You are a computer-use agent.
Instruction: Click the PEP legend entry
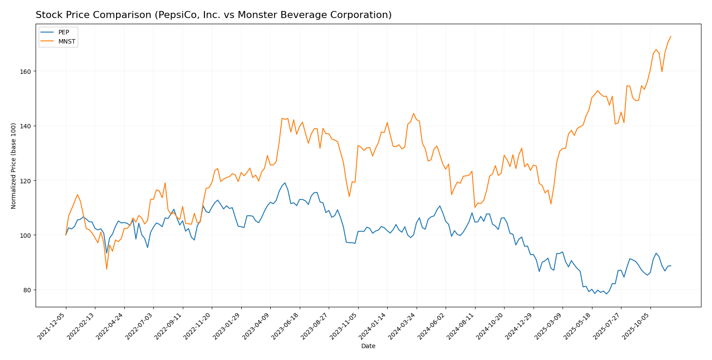click(63, 33)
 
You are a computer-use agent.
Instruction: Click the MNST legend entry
click(66, 42)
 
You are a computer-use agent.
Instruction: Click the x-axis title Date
click(368, 346)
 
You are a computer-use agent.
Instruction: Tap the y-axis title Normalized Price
click(14, 166)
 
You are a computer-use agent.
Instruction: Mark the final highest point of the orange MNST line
click(671, 36)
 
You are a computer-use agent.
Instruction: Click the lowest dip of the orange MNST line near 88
click(106, 269)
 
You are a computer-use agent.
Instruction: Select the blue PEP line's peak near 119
click(285, 183)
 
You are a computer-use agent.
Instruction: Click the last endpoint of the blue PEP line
click(671, 265)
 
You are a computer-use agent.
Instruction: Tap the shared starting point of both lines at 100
click(66, 235)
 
